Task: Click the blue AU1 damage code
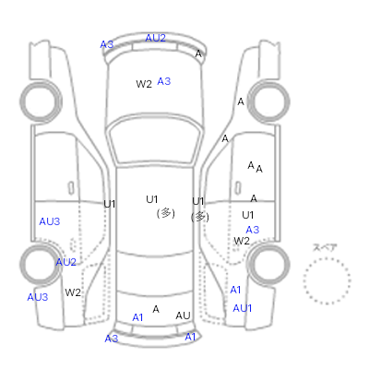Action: coord(243,308)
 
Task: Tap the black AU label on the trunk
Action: coord(183,315)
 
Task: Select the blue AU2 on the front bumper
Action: coord(156,38)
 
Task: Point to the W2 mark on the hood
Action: coord(144,84)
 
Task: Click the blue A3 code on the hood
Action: coord(163,81)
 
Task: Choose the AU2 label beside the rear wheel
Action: coord(65,262)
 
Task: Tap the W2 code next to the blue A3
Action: coord(242,241)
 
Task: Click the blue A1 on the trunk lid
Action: coord(137,317)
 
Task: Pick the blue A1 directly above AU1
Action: coord(235,290)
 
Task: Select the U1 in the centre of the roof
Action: coord(152,199)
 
